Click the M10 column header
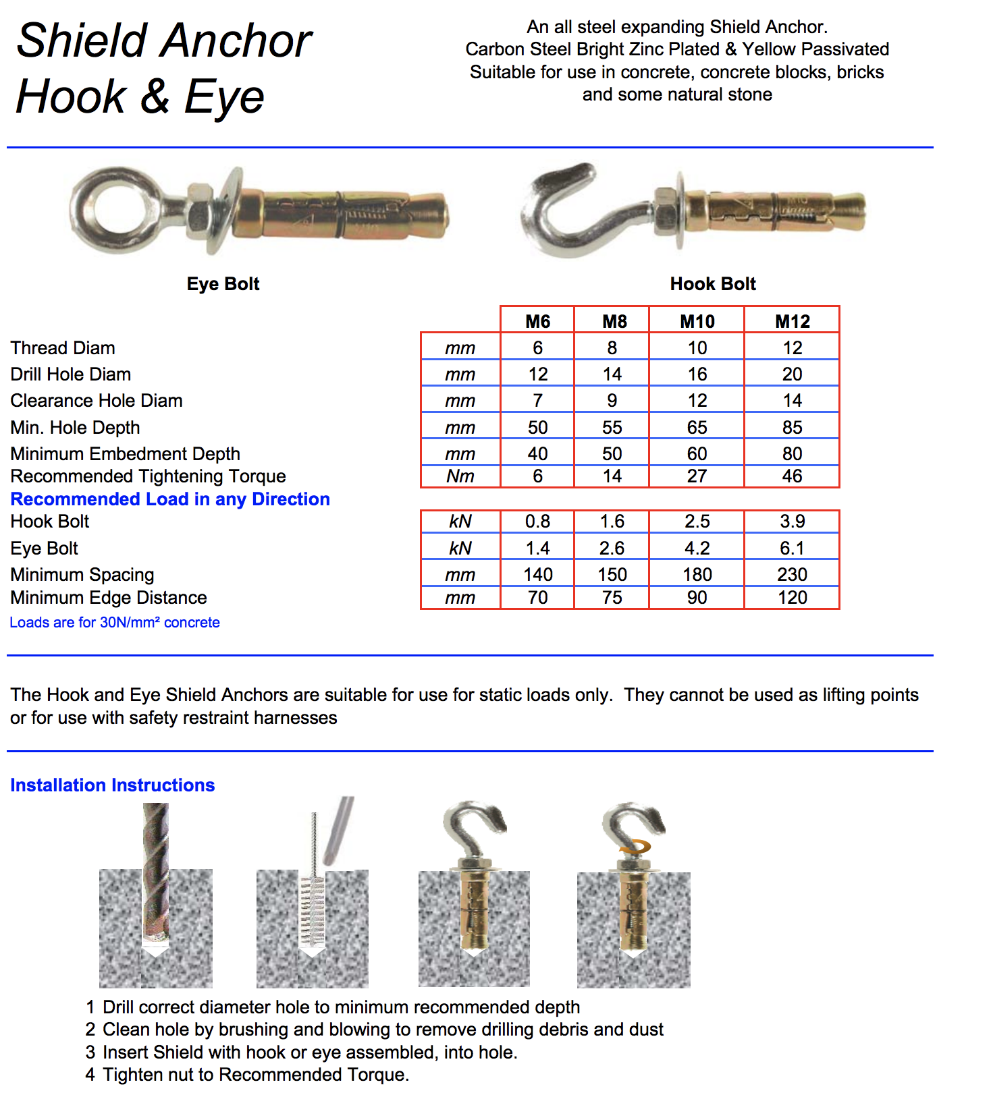click(x=697, y=321)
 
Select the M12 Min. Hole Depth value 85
click(x=792, y=427)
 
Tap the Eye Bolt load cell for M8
click(x=612, y=548)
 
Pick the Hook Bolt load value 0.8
click(x=537, y=521)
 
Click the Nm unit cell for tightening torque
click(x=460, y=476)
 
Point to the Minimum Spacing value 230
click(x=792, y=574)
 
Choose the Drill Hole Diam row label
click(x=71, y=374)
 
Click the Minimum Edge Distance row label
click(x=109, y=597)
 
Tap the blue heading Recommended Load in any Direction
click(x=170, y=499)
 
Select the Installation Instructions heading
click(x=112, y=785)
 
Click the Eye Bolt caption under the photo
click(x=223, y=283)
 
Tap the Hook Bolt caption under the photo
click(x=713, y=283)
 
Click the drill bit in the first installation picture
click(x=155, y=870)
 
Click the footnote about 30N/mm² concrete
click(x=115, y=622)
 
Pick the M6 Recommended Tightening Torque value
click(x=537, y=476)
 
